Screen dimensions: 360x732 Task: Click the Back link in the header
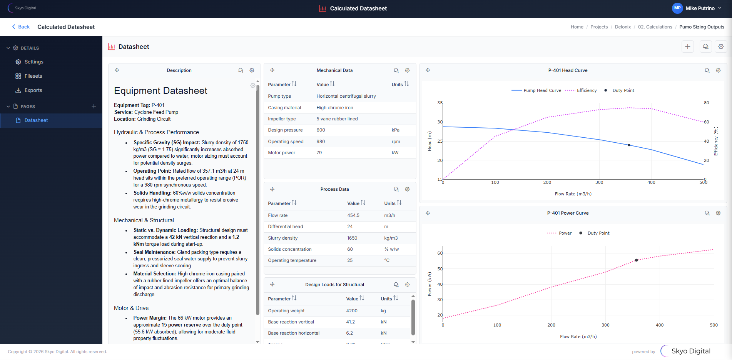21,27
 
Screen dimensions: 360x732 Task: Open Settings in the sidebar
33,62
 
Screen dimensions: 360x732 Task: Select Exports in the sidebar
33,90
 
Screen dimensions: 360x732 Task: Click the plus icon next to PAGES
94,107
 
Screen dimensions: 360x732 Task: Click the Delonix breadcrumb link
622,27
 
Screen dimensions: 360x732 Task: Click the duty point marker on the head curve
629,145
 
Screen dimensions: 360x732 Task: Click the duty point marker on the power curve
636,260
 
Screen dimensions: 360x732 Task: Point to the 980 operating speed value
321,142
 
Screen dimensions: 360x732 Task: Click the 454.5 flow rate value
353,215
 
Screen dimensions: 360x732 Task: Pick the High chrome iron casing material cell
334,108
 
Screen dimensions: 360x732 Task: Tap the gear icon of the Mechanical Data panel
407,70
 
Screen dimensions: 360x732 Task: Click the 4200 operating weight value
351,311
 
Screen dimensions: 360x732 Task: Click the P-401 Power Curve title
568,213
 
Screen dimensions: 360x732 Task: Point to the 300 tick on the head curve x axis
599,183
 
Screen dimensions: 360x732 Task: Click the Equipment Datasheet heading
160,91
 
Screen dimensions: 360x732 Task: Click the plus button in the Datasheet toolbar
687,47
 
